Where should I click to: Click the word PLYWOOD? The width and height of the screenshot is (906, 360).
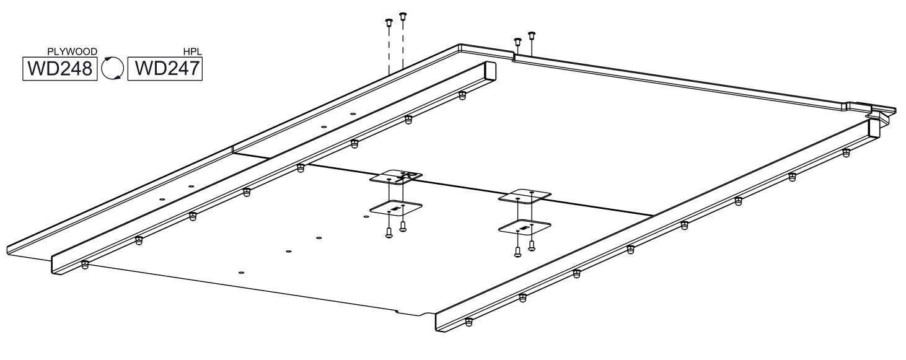point(73,52)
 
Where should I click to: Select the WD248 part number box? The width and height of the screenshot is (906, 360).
point(60,69)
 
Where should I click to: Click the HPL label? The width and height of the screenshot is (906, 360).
point(193,52)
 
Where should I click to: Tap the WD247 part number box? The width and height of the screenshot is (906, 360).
point(165,69)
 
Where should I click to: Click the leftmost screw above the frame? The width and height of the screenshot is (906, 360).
point(389,23)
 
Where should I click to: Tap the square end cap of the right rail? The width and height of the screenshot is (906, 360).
point(874,129)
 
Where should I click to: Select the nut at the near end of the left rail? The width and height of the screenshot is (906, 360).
point(84,265)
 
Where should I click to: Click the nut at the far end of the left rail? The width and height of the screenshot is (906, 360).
point(462,95)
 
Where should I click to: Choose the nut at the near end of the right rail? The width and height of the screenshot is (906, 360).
point(468,322)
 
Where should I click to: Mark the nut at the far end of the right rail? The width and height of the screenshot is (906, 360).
point(846,153)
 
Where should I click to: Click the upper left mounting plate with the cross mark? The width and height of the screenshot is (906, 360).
point(397,177)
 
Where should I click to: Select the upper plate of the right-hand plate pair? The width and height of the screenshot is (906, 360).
point(525,196)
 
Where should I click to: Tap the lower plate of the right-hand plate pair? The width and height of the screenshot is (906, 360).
point(525,227)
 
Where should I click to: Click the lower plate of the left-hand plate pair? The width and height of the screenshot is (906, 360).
point(397,208)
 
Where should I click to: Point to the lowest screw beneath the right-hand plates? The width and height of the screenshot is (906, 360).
point(517,252)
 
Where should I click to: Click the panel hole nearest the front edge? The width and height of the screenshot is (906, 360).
point(242,273)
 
